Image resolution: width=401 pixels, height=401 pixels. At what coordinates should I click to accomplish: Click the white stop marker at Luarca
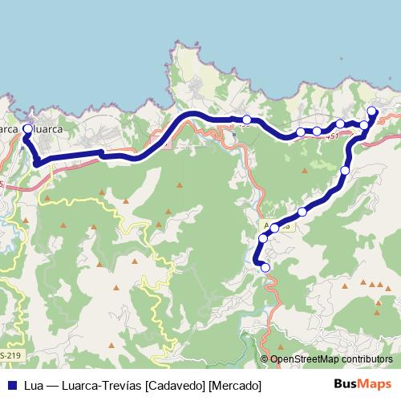click(x=28, y=128)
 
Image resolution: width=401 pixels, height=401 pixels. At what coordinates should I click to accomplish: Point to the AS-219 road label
click(x=10, y=355)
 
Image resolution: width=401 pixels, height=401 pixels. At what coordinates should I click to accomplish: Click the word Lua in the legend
click(x=33, y=386)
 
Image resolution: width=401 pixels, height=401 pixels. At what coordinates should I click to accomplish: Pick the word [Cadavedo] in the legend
click(x=168, y=386)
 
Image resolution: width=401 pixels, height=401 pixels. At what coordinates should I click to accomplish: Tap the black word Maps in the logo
click(x=374, y=385)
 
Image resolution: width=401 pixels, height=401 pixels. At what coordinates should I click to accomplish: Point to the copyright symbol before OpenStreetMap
click(x=265, y=359)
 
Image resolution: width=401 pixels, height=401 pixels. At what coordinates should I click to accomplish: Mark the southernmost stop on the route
click(x=265, y=268)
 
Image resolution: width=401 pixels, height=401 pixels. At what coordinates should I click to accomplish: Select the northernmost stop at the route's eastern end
click(x=371, y=111)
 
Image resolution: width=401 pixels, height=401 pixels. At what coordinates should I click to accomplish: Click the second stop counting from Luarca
click(x=246, y=120)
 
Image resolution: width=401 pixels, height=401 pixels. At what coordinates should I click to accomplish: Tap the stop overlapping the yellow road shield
click(x=275, y=228)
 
